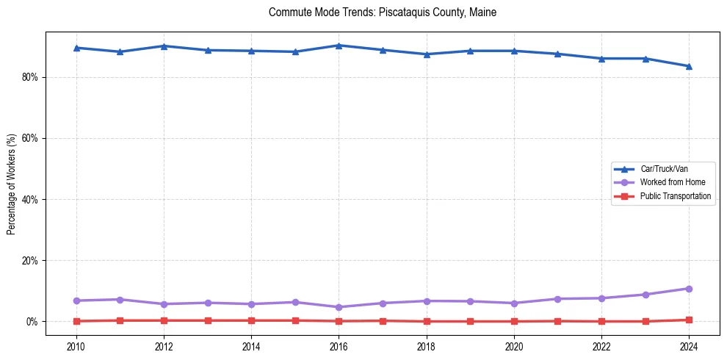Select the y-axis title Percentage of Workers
11,184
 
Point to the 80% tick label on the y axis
30,77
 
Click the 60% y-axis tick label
30,138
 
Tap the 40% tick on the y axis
30,199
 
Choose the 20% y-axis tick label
30,260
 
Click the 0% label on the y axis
32,322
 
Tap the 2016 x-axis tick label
339,345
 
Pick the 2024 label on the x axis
689,345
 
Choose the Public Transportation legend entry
675,196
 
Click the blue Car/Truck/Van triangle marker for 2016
339,46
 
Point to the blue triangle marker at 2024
689,66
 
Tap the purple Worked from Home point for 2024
689,289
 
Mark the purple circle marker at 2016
339,307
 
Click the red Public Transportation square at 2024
689,320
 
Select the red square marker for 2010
76,321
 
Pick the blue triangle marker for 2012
164,46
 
